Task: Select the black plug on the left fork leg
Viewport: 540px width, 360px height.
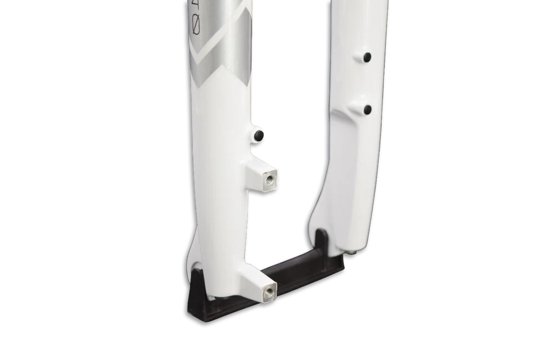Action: [258, 136]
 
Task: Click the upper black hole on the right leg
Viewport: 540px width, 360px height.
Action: [366, 57]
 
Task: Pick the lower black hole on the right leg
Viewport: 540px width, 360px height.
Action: [367, 109]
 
